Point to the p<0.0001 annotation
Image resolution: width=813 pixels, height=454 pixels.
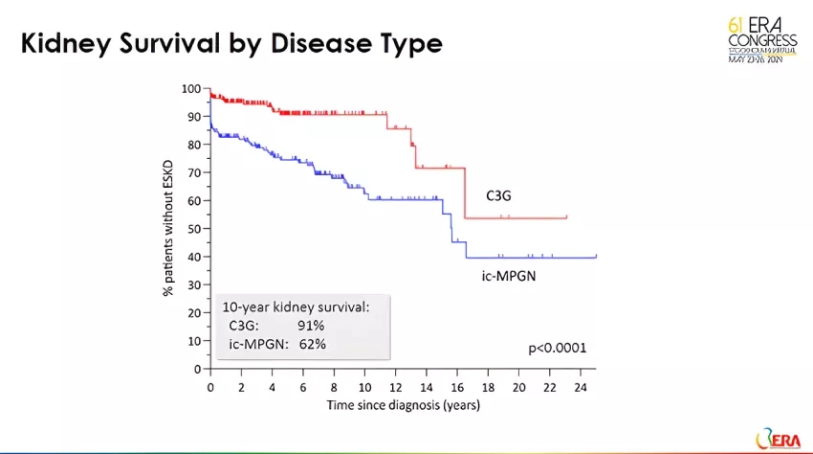tap(558, 348)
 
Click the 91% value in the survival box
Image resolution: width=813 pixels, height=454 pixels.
tap(313, 326)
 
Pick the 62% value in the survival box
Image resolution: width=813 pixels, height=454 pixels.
tap(313, 343)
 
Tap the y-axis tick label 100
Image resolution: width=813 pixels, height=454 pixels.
tap(190, 89)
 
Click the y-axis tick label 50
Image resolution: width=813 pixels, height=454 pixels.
tap(193, 229)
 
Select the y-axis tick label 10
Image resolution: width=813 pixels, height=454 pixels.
tap(193, 341)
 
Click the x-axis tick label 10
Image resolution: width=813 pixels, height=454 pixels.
tap(364, 388)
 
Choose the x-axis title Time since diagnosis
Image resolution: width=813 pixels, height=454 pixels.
tap(403, 405)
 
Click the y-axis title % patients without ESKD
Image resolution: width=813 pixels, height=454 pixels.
tap(168, 229)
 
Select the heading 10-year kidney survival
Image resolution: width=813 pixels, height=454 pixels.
tap(295, 308)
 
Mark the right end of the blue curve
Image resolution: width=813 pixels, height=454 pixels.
tap(596, 257)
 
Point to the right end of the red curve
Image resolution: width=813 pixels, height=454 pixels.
tap(567, 217)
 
